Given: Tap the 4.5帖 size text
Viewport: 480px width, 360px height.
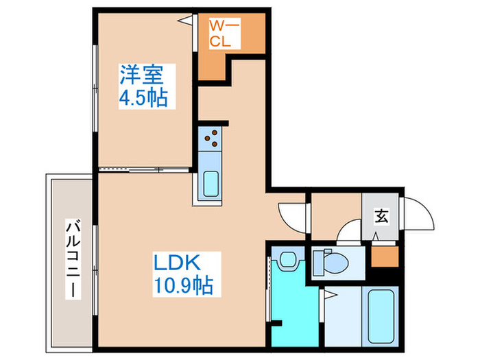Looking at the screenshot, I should [143, 97].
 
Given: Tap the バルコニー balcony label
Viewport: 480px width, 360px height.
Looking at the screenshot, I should [71, 258].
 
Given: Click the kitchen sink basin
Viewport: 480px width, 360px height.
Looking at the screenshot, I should [211, 184].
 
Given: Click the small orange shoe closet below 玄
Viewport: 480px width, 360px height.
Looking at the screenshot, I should [381, 256].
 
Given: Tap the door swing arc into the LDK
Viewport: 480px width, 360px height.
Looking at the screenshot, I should [291, 215].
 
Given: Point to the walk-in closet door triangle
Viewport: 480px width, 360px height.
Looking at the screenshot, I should [187, 23].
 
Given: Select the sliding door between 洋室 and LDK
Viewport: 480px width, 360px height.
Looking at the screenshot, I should [143, 169].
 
